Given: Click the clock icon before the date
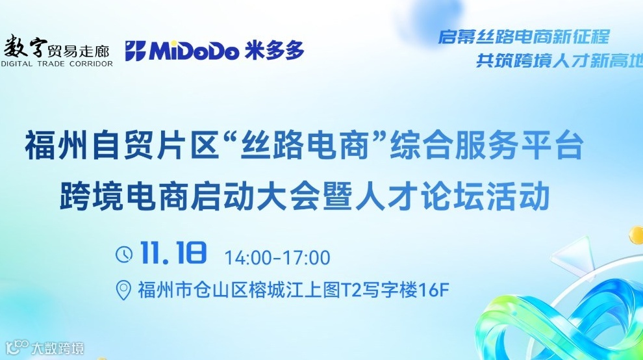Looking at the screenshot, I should tap(123, 254).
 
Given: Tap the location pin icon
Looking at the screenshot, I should tap(123, 290).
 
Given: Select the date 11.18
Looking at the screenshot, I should tap(173, 253).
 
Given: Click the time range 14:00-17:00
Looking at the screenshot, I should tap(277, 257).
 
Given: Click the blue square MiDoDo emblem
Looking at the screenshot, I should tap(135, 51).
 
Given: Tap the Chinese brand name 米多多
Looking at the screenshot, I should tap(275, 50).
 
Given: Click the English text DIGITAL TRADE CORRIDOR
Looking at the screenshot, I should tap(57, 64).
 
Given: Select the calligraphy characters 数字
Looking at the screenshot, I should tap(27, 45).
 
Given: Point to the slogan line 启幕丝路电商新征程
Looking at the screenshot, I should tap(523, 36).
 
